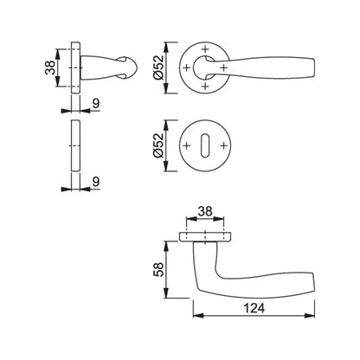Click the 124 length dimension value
click(254, 308)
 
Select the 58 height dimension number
click(158, 269)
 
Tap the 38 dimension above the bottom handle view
click(205, 211)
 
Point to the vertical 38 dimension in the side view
click(50, 67)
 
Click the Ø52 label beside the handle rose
click(158, 67)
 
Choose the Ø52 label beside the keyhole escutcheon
click(158, 145)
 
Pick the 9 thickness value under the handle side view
click(96, 103)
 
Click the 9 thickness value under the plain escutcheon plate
click(96, 182)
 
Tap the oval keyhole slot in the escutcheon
click(205, 145)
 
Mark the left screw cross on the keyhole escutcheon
click(187, 145)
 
